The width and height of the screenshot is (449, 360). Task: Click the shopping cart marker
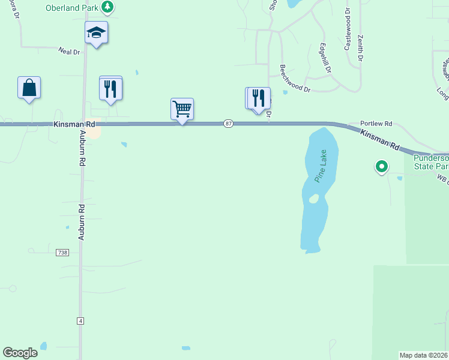182,109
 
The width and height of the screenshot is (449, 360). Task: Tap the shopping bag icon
29,88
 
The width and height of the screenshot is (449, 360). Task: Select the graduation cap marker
96,32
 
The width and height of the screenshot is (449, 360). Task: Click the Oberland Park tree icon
107,7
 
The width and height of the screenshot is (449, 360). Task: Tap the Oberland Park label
72,7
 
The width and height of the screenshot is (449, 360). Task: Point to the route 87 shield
229,124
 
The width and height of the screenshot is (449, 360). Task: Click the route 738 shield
63,253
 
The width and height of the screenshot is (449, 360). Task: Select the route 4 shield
80,321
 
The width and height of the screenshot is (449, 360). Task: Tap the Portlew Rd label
376,124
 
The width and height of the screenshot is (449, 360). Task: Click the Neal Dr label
69,52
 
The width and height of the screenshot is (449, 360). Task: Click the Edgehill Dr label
325,58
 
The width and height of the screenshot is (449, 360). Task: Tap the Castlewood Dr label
348,30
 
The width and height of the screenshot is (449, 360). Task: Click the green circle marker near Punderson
381,166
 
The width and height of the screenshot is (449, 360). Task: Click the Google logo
20,353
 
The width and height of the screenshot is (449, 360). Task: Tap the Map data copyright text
424,355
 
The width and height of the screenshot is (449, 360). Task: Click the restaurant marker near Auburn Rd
110,89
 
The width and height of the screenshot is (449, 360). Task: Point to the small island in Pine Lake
313,199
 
